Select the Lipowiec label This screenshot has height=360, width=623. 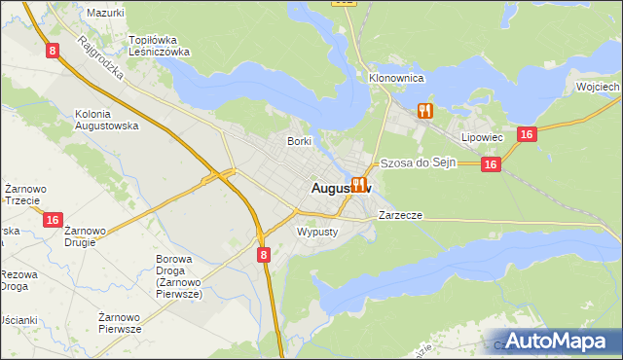(482, 137)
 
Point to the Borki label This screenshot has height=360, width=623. (299, 141)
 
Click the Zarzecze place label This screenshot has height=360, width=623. (400, 214)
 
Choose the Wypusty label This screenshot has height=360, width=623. (316, 232)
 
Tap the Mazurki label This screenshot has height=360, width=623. (105, 13)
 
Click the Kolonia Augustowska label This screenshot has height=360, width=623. (107, 121)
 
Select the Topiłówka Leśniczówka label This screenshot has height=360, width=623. (159, 47)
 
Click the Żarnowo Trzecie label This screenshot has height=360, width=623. (21, 194)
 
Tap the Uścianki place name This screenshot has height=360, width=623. (18, 320)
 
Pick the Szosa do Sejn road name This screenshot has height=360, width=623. (418, 163)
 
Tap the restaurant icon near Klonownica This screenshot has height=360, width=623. (424, 111)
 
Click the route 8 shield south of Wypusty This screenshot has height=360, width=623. (264, 254)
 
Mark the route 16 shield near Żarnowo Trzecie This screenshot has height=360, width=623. (54, 221)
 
